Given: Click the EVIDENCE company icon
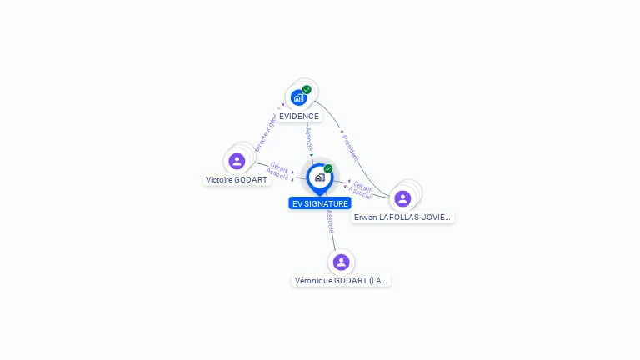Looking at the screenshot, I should (x=298, y=98).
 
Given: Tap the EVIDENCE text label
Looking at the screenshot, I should (x=299, y=117).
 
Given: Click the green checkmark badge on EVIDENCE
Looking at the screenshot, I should (x=307, y=90).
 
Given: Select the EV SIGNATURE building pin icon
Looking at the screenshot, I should (x=319, y=177).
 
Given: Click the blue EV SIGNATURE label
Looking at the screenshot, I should (x=320, y=203).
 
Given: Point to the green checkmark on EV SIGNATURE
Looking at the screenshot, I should (x=328, y=169).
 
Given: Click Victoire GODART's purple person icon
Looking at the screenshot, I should (x=237, y=161).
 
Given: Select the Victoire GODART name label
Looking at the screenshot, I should (x=237, y=180).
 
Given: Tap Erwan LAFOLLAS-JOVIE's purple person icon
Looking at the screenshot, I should (x=402, y=198).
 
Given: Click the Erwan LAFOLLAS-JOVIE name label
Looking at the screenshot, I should (x=402, y=217).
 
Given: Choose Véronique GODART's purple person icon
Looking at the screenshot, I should (x=341, y=262).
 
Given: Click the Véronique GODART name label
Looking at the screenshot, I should (x=342, y=281).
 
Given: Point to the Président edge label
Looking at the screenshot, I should (x=352, y=147).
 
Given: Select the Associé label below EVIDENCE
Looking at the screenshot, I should (x=309, y=137).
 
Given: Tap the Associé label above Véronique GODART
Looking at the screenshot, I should (x=330, y=221).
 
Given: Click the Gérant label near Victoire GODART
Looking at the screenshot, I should (x=279, y=167).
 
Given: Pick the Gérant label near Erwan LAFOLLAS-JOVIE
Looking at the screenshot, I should (x=362, y=187).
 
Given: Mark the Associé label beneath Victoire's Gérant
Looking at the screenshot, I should (x=277, y=175).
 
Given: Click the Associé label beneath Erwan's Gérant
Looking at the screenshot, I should (x=360, y=194).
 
